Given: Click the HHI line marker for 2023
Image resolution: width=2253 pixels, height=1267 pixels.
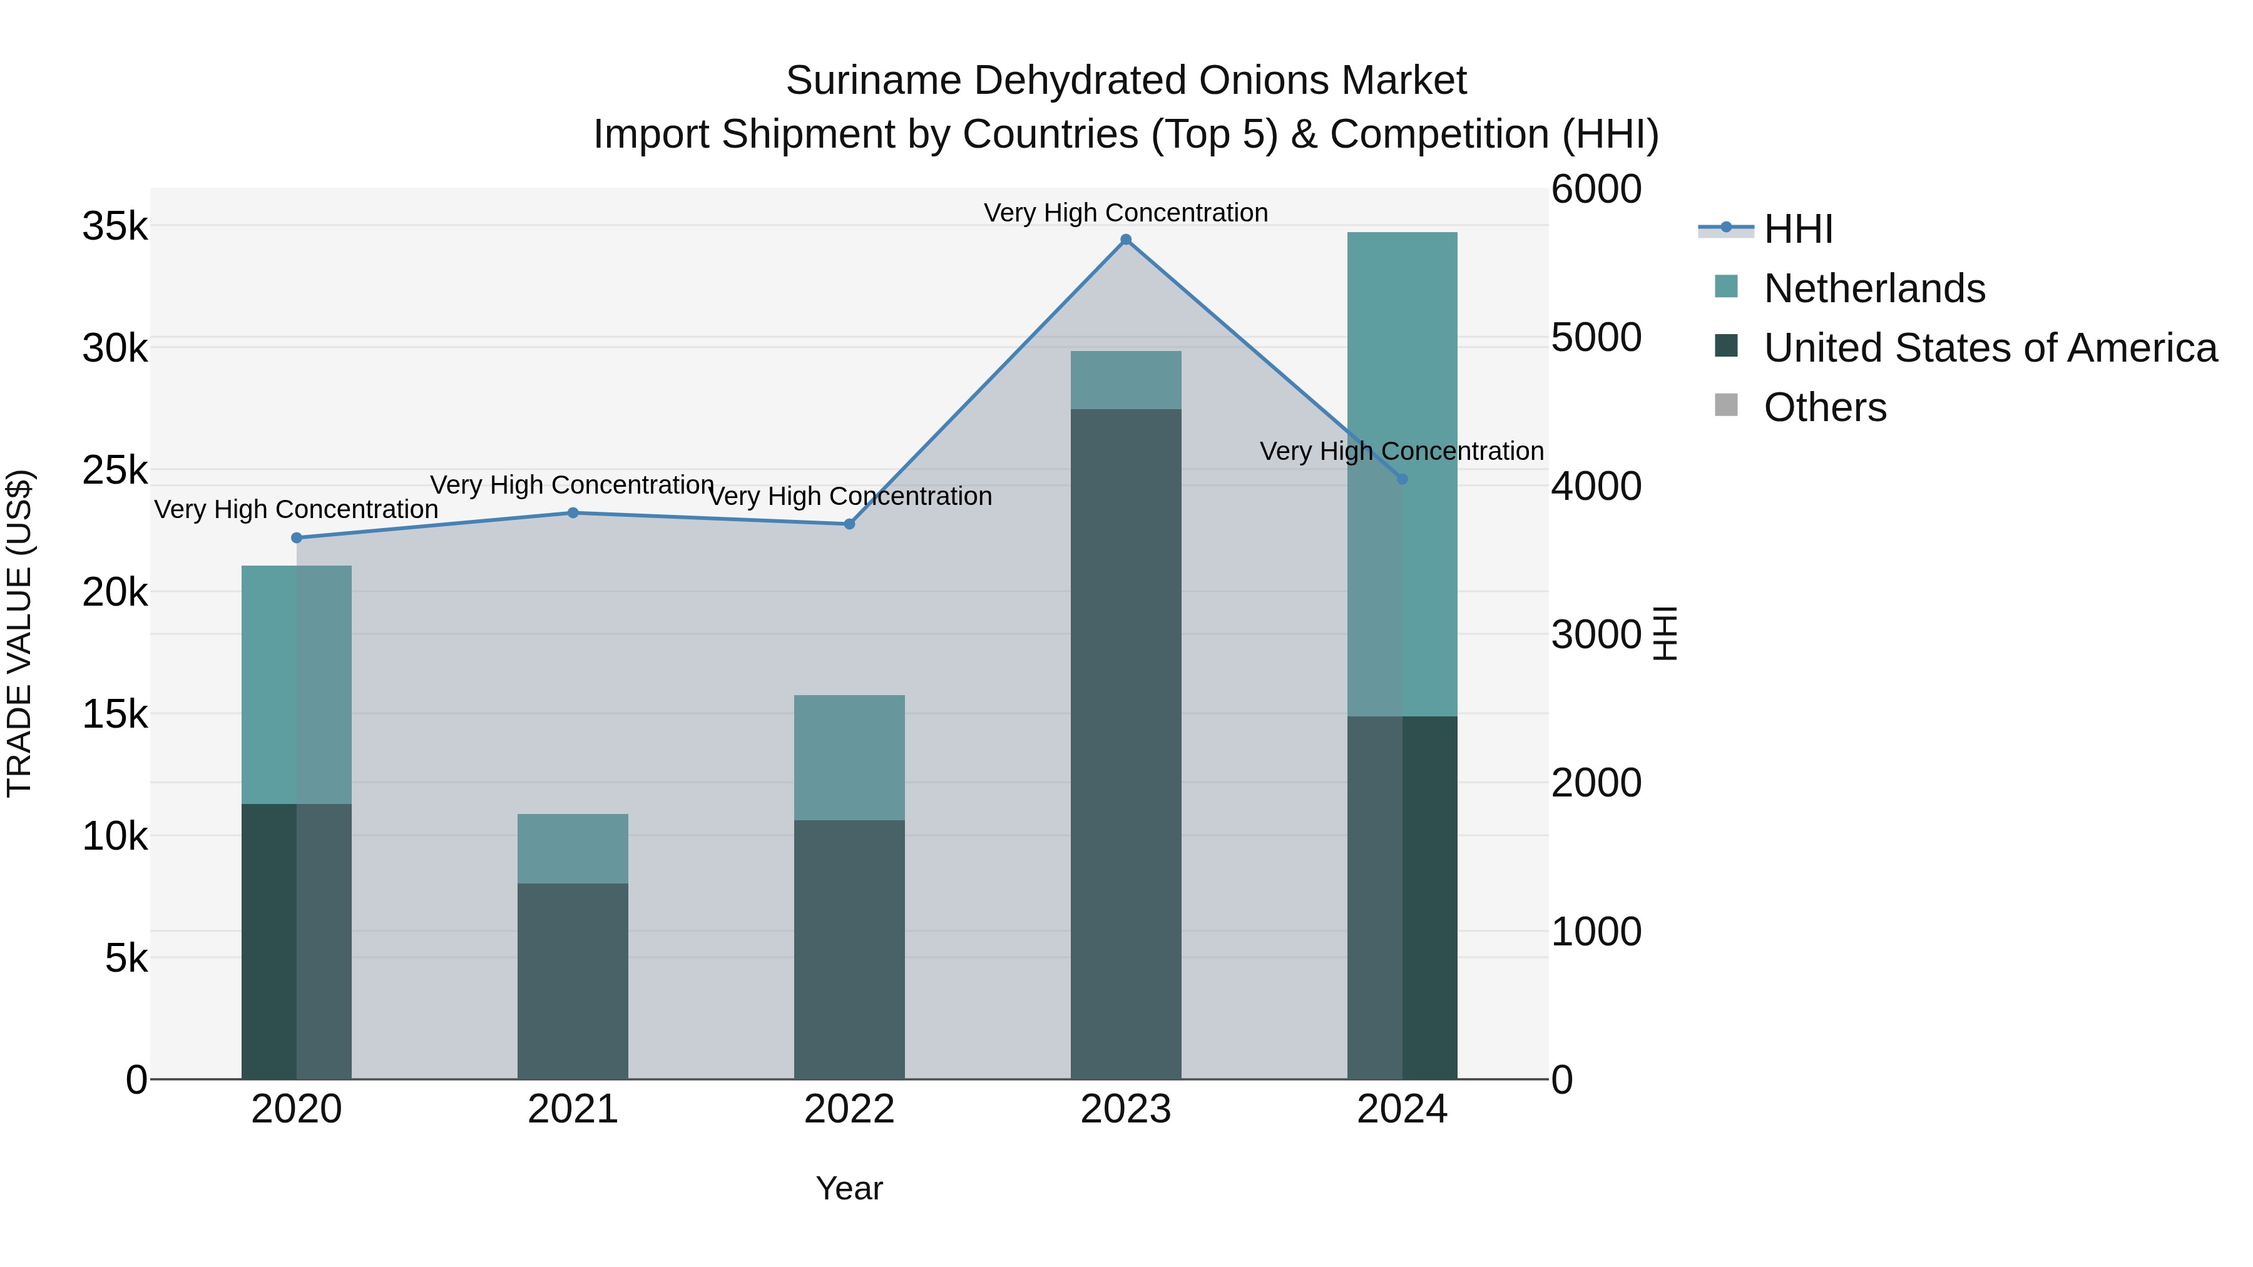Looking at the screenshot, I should tap(1126, 240).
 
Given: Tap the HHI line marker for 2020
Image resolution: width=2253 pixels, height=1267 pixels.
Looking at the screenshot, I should tap(297, 537).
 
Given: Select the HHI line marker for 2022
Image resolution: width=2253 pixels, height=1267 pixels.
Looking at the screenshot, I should tap(849, 524).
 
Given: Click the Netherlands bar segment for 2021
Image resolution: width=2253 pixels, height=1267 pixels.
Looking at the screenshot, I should tap(573, 848).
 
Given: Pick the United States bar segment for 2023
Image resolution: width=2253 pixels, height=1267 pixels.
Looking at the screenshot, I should tap(1126, 743).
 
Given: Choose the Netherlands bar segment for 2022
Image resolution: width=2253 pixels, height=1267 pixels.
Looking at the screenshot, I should tap(849, 757).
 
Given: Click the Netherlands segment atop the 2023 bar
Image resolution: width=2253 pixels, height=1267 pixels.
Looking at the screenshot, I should tap(1126, 380).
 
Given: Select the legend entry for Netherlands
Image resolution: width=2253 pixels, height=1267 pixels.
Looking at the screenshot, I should tap(1873, 288).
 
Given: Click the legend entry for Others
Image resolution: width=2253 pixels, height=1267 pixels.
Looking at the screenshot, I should tap(1824, 407).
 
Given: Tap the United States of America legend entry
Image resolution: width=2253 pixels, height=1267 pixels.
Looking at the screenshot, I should tap(1990, 348).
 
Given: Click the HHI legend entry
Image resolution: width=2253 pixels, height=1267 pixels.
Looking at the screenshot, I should tap(1797, 229).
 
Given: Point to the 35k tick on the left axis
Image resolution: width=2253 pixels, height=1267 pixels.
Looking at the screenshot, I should tap(115, 226).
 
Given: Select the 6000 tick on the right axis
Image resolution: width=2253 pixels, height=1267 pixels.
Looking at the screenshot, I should tap(1596, 190).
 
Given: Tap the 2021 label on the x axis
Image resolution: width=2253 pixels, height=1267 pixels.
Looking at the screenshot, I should tap(573, 1109).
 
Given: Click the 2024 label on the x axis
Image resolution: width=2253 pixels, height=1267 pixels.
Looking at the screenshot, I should tap(1402, 1109).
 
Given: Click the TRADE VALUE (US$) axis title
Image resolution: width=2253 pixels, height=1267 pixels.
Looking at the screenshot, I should tap(19, 633).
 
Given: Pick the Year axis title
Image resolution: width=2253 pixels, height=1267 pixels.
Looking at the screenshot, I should tap(849, 1188).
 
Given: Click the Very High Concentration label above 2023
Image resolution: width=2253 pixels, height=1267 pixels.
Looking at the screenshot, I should tap(1126, 213).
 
